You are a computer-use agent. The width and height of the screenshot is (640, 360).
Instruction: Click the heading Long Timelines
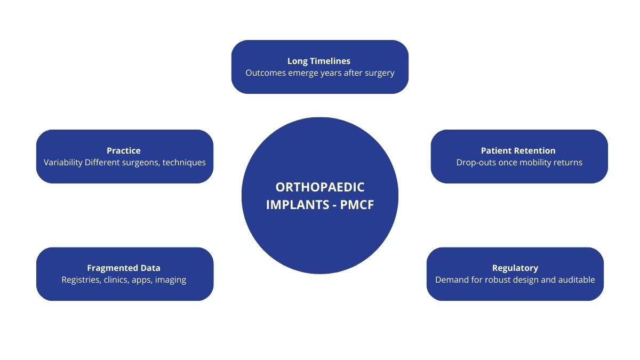point(319,61)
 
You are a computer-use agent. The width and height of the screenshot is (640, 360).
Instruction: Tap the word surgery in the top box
point(379,73)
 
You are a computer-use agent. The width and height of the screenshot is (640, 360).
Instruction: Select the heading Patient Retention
point(518,150)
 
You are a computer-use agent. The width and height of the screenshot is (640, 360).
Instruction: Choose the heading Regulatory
point(515,268)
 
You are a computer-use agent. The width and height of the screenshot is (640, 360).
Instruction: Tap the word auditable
point(573,279)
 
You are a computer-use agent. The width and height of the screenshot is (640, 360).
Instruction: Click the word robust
point(500,279)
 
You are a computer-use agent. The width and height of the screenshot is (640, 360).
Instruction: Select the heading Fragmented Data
point(124,268)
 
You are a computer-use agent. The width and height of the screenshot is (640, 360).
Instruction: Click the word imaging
point(170,279)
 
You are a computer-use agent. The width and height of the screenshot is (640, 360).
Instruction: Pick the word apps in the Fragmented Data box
point(142,279)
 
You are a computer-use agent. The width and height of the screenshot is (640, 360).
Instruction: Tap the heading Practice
point(124,150)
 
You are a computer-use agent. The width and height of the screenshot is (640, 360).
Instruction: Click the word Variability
point(63,162)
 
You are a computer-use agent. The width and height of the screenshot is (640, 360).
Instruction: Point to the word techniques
point(185,162)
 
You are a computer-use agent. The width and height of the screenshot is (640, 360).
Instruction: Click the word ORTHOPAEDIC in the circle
point(320,187)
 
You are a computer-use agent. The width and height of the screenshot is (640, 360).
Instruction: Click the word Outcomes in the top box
point(266,73)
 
